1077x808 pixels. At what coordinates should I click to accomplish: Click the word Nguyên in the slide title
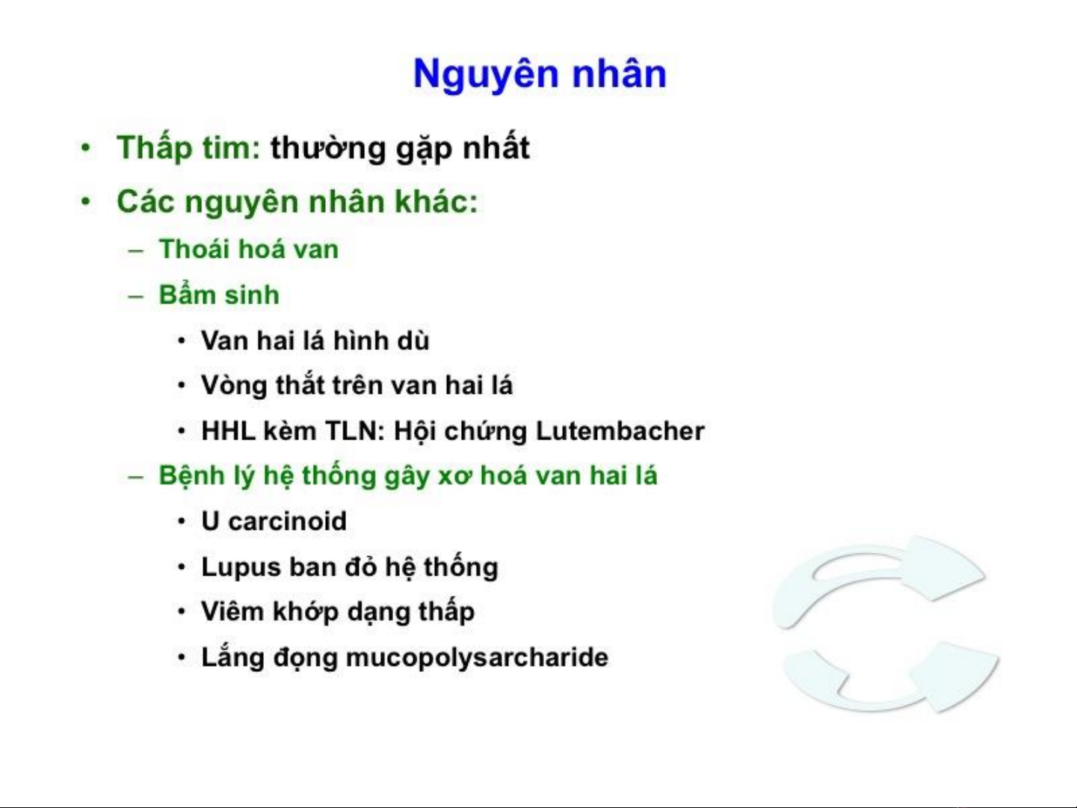coord(486,75)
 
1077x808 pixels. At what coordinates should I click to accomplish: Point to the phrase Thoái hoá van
coord(249,248)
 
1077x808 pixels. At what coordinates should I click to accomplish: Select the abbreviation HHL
coord(229,431)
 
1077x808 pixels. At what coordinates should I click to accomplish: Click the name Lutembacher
coord(620,431)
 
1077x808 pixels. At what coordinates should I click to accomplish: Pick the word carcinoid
coord(288,520)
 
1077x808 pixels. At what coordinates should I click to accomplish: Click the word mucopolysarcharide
coord(477,658)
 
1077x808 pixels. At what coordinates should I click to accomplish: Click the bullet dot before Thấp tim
coord(86,148)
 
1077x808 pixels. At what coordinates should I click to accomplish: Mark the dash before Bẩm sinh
coord(135,296)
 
